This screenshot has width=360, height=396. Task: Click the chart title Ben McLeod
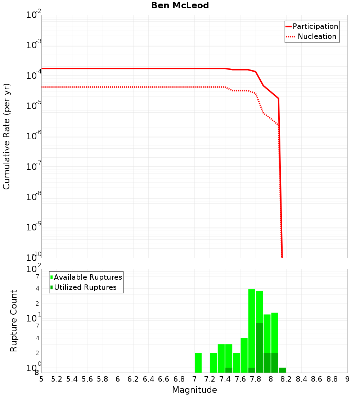click(x=180, y=5)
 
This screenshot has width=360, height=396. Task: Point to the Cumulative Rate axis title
click(x=6, y=136)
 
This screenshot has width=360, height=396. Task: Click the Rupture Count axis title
click(x=14, y=321)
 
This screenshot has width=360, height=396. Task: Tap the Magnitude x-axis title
click(x=194, y=390)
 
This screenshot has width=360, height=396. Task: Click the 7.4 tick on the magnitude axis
click(x=225, y=379)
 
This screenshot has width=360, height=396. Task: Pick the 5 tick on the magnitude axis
click(x=41, y=379)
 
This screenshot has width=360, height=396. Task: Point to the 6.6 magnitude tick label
click(x=164, y=379)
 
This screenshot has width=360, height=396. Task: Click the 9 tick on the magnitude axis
click(x=347, y=379)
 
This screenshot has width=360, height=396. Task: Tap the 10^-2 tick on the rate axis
click(x=34, y=15)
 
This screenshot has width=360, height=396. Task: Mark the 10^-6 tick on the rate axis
click(x=34, y=136)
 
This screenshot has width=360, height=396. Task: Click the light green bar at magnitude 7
click(x=198, y=363)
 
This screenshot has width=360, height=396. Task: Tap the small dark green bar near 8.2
click(x=282, y=370)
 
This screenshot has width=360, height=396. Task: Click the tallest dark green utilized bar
click(x=259, y=348)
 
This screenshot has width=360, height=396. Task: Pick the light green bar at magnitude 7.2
click(x=213, y=363)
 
